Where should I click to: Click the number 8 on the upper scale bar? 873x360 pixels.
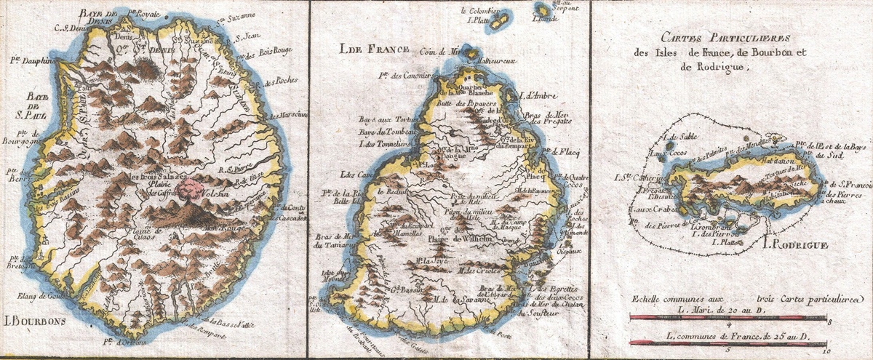(829, 321)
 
